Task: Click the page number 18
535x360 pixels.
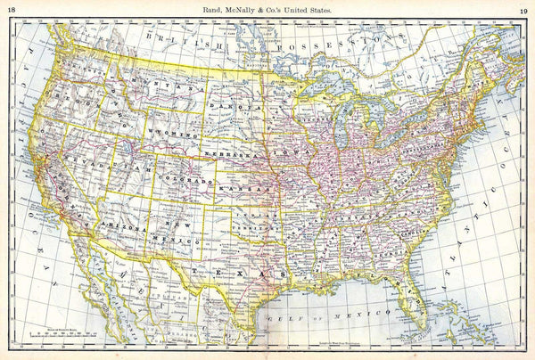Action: [11, 9]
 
